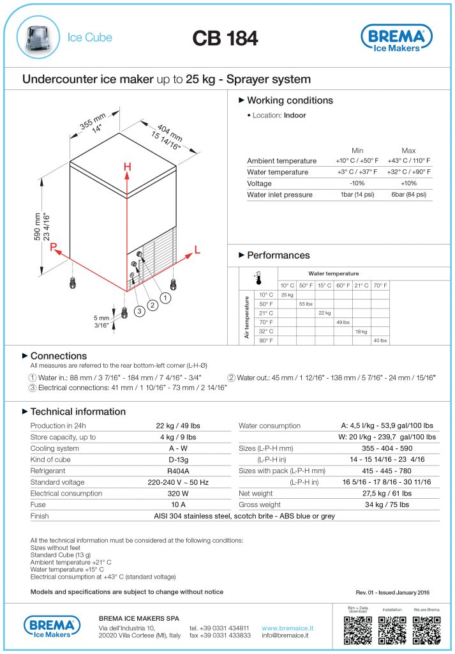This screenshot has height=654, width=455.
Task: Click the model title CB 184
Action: (225, 38)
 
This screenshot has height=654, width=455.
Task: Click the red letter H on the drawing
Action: (128, 167)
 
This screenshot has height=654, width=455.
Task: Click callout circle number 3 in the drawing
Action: (138, 311)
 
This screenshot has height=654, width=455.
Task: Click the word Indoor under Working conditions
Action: (295, 116)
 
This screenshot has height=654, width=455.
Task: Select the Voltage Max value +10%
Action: (408, 183)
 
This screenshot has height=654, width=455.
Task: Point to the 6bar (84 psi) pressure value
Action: (408, 195)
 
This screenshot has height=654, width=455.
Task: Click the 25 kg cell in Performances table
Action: (287, 295)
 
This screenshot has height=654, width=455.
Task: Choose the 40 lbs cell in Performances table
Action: (380, 341)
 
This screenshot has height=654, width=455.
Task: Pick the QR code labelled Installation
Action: (392, 630)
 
